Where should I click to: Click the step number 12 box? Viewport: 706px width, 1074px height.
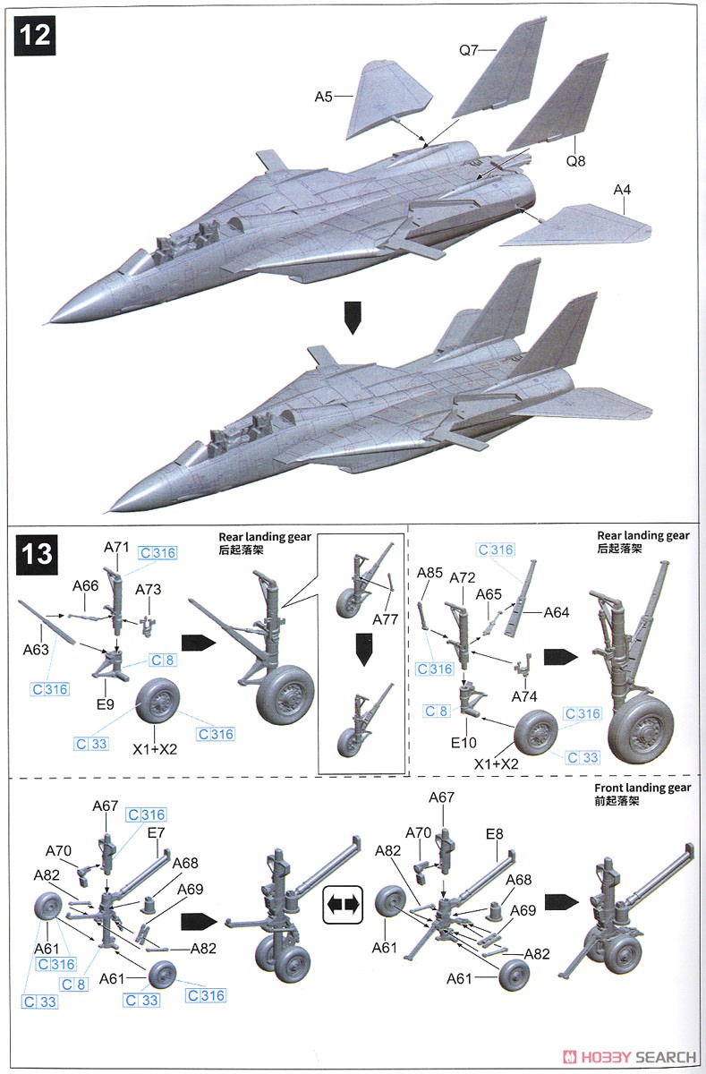(35, 36)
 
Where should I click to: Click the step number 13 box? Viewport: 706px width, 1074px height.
(37, 554)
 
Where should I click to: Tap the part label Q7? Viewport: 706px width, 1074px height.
(468, 50)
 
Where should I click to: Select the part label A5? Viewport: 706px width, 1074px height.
(324, 97)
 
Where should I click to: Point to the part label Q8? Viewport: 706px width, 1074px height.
(575, 160)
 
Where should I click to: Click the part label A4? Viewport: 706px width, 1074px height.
(622, 190)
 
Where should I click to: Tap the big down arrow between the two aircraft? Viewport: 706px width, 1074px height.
(353, 318)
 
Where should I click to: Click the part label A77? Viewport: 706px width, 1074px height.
(386, 620)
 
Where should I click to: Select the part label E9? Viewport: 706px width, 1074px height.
(106, 704)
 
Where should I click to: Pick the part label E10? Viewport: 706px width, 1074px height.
(464, 743)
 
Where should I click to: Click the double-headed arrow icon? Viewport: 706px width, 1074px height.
(343, 905)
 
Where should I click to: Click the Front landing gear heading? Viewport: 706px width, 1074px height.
(642, 788)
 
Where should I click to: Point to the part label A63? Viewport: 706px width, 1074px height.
(36, 650)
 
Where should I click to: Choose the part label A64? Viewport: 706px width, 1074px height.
(557, 612)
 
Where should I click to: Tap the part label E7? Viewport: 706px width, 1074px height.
(156, 833)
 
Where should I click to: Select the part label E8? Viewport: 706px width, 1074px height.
(495, 834)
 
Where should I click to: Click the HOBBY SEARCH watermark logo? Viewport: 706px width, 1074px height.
(629, 1057)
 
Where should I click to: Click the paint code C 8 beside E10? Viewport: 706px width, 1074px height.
(436, 711)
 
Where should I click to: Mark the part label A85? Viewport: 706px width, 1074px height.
(430, 573)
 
